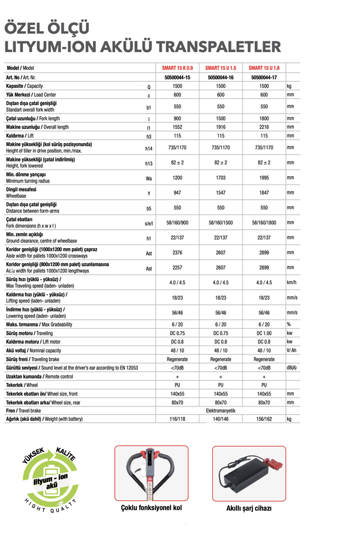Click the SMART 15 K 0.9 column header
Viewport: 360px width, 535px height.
[177, 68]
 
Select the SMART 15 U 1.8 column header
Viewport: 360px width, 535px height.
[264, 68]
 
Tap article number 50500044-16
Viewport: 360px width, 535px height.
[220, 78]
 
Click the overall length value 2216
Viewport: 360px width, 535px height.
[264, 127]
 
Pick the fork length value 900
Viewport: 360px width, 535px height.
[177, 118]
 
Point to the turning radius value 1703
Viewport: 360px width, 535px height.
[220, 177]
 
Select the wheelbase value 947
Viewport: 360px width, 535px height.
[177, 193]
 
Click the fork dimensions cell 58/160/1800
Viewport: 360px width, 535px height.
[264, 223]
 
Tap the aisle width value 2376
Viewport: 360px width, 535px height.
[177, 253]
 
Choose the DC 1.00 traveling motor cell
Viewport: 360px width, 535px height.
[264, 333]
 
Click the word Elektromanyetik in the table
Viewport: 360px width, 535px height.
[220, 411]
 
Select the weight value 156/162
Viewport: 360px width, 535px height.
[264, 419]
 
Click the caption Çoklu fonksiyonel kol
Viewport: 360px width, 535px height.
[151, 508]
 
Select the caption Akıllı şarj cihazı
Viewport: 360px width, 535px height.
[249, 508]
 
